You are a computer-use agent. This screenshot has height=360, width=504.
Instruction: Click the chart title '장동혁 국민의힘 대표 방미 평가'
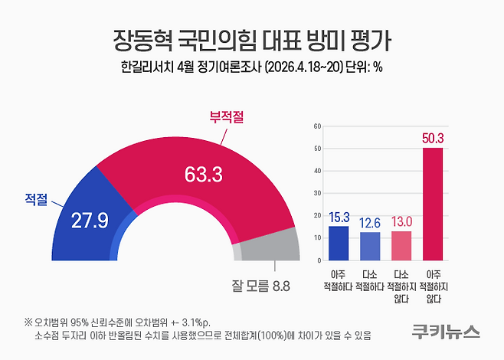[252, 39]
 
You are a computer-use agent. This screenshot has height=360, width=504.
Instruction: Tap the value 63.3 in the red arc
[203, 175]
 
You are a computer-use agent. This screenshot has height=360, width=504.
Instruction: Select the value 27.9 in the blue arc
[90, 221]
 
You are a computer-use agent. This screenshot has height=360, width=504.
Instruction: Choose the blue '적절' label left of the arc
[35, 201]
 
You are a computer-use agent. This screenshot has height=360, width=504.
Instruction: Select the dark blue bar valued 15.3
[339, 243]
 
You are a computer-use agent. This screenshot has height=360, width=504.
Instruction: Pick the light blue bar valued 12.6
[370, 246]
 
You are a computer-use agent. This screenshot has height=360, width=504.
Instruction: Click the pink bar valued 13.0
[401, 245]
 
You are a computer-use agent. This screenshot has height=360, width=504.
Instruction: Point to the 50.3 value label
[433, 138]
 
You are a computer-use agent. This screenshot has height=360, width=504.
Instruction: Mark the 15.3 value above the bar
[339, 218]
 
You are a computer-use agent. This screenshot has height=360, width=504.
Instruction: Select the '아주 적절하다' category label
[339, 280]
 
